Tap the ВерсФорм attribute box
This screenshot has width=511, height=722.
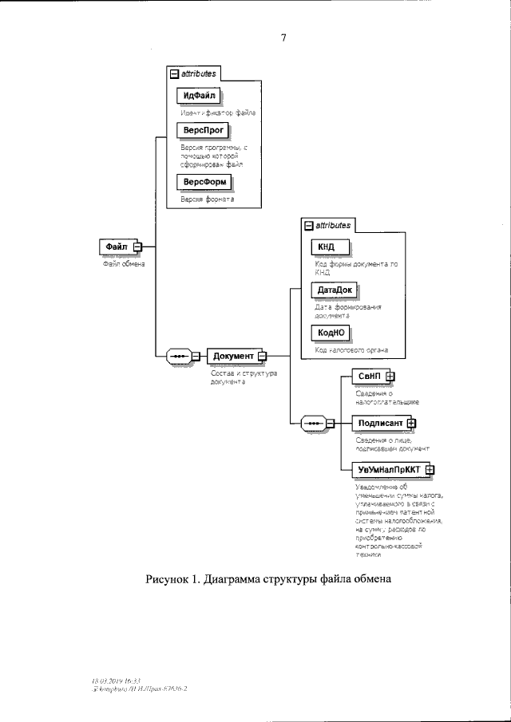202,182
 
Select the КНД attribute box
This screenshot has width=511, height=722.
327,247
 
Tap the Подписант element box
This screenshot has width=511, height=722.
379,423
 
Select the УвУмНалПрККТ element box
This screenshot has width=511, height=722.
388,469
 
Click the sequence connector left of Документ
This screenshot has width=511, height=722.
179,356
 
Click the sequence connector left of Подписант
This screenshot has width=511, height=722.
315,423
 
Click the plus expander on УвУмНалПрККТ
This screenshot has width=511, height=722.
430,469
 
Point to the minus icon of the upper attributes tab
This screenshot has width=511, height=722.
174,73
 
